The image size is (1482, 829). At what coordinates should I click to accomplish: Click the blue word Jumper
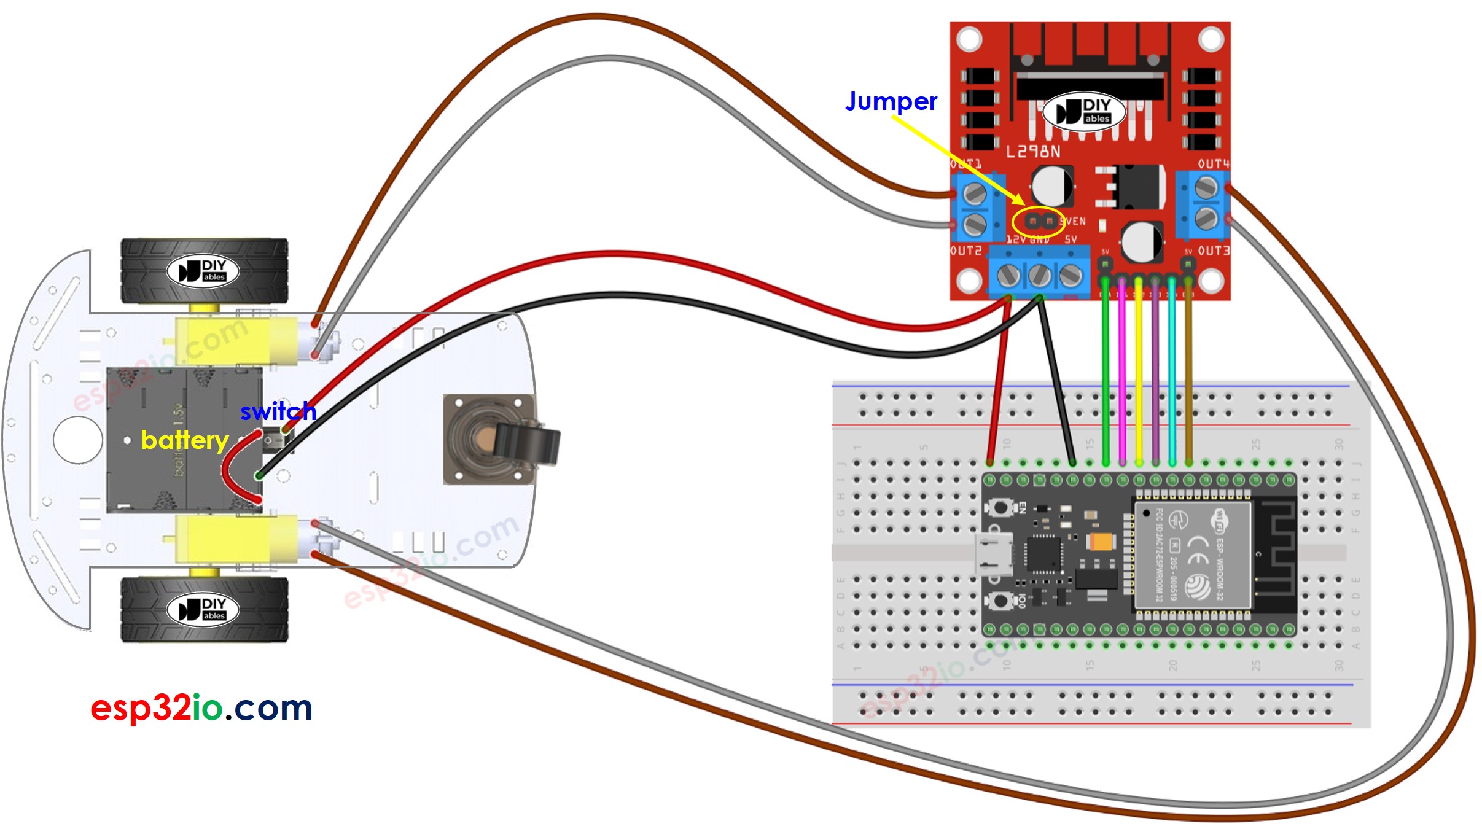point(891,101)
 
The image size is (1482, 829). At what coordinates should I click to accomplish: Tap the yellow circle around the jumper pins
point(1038,222)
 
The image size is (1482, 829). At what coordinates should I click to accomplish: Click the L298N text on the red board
point(1033,151)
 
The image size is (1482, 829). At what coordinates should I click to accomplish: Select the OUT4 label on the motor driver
point(1213,164)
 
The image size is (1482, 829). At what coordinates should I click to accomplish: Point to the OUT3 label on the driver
point(1214,251)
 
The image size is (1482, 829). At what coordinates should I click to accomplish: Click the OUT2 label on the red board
point(966,251)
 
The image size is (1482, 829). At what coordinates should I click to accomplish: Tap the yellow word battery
point(185,440)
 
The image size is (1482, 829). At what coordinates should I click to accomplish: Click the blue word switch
point(278,411)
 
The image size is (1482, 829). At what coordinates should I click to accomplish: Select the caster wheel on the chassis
point(501,440)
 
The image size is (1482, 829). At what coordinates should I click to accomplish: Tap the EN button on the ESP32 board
point(1000,508)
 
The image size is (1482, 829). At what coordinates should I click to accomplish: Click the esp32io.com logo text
point(201,708)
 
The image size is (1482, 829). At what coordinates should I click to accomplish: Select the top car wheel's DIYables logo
point(203,271)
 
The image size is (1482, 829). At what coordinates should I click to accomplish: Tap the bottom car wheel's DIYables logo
point(203,609)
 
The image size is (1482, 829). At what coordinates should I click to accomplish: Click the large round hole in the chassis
point(78,440)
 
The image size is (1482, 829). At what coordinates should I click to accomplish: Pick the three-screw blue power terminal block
point(1039,275)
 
